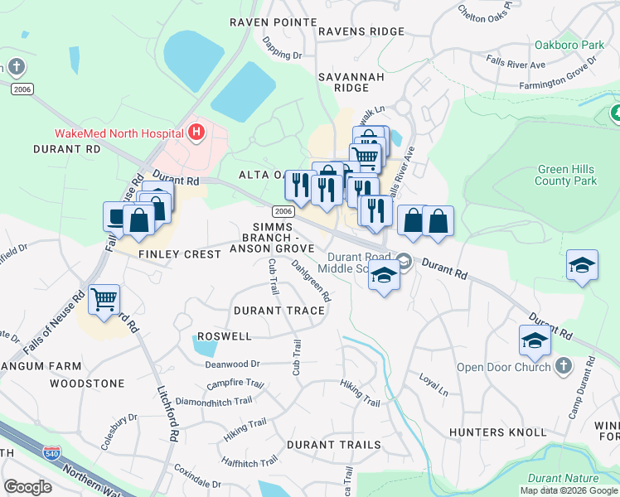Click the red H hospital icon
click(x=196, y=132)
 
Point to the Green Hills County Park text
click(x=566, y=175)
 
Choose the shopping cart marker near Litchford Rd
click(x=104, y=300)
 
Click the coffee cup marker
click(x=116, y=216)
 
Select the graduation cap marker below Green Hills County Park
click(x=583, y=266)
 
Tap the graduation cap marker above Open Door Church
click(x=535, y=340)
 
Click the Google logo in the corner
click(x=27, y=487)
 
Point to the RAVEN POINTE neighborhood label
click(x=273, y=22)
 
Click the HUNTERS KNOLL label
click(x=497, y=432)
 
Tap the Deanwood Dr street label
click(x=233, y=363)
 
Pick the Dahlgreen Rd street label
click(x=312, y=281)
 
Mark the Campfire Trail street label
click(x=235, y=384)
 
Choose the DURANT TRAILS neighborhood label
click(x=334, y=445)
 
